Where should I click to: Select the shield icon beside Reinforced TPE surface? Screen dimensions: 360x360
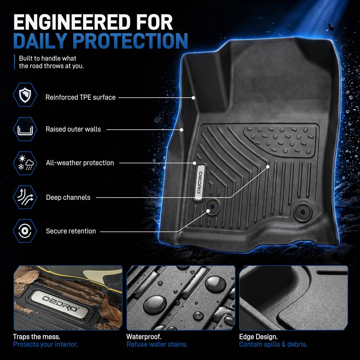(25, 95)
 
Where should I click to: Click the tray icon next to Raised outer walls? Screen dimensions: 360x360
(25, 129)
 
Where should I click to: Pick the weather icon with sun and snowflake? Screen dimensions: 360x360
(25, 163)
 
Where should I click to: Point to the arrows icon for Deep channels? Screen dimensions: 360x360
(25, 197)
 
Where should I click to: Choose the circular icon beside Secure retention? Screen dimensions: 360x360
(25, 231)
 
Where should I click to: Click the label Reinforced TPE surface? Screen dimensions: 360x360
(80, 97)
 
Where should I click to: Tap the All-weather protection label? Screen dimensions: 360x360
(80, 163)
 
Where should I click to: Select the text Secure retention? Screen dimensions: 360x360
(71, 231)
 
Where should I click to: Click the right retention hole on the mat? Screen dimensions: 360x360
(303, 212)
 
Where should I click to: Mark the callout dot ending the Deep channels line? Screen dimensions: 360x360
(268, 167)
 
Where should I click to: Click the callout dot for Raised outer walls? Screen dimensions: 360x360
(181, 130)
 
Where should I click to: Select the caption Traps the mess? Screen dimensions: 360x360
(36, 337)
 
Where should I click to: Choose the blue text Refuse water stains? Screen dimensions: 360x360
(157, 345)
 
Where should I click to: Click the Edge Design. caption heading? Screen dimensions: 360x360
(258, 337)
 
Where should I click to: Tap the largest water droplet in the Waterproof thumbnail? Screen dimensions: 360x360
(155, 305)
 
